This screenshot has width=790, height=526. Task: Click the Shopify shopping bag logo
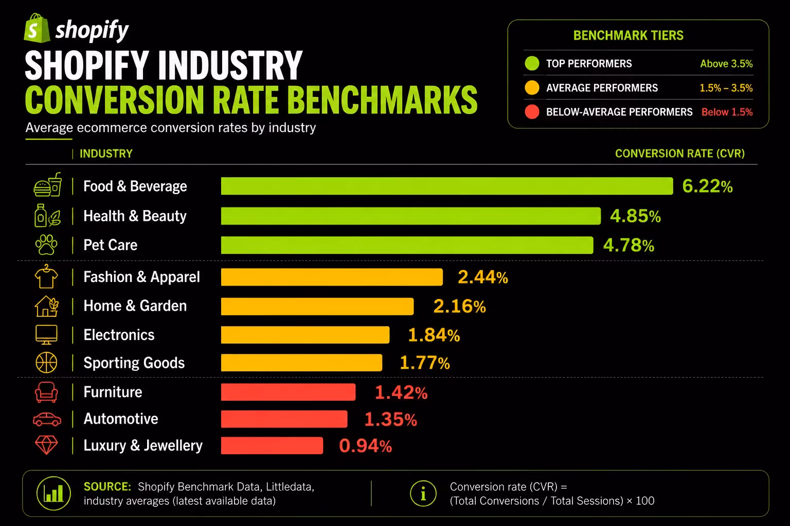[37, 28]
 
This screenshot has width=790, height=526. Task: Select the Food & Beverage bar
[447, 186]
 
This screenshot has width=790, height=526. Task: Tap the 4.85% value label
[636, 216]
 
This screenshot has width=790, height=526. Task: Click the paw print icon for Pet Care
[46, 245]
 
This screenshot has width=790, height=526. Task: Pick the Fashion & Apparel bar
[332, 277]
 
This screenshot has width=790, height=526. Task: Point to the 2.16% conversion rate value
[459, 306]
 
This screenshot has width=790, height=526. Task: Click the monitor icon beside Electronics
[46, 335]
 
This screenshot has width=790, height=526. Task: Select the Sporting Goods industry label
[134, 363]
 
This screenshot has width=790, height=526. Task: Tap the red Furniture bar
[288, 392]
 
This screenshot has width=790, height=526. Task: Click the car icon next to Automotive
[47, 419]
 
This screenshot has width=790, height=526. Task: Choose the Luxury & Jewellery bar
[272, 446]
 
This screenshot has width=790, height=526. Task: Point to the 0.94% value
[365, 446]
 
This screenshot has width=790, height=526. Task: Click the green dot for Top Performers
[532, 63]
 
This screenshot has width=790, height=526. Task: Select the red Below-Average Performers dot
[532, 112]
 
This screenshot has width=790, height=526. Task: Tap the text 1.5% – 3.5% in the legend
[726, 88]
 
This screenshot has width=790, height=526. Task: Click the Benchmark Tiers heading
[629, 35]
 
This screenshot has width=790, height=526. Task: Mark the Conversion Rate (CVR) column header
[680, 154]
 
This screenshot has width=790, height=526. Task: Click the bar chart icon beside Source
[53, 493]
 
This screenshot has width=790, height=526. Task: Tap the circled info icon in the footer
[423, 494]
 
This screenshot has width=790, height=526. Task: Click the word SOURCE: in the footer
[107, 486]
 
